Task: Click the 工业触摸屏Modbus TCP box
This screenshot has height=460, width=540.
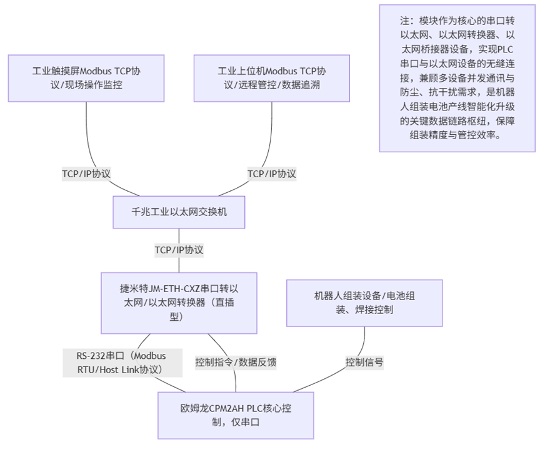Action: (x=86, y=77)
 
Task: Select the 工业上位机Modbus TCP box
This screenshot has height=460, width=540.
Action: (x=272, y=77)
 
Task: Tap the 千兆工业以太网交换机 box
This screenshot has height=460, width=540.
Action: (x=179, y=212)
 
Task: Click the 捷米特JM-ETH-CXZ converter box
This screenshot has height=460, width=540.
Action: (x=179, y=302)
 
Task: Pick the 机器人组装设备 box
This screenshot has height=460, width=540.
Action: (x=364, y=303)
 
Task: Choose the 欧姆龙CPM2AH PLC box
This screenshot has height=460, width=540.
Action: (x=236, y=415)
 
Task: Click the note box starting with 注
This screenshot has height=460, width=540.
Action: (x=457, y=77)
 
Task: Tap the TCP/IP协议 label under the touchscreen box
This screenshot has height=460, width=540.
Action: (x=86, y=174)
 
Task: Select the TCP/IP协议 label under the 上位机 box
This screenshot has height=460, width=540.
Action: (x=272, y=174)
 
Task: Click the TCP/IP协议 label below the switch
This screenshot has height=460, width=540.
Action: (x=179, y=250)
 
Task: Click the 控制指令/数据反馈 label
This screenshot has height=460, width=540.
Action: (x=236, y=363)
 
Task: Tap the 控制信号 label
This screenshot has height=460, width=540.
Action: (x=364, y=362)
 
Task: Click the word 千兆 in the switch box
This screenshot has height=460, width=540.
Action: (x=141, y=212)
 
